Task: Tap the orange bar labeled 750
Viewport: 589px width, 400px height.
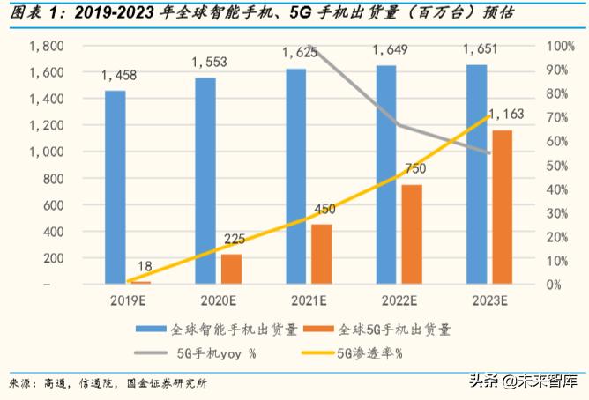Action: [412, 234]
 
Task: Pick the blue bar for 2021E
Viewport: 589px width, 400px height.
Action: [295, 175]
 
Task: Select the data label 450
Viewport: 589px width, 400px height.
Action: [324, 209]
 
